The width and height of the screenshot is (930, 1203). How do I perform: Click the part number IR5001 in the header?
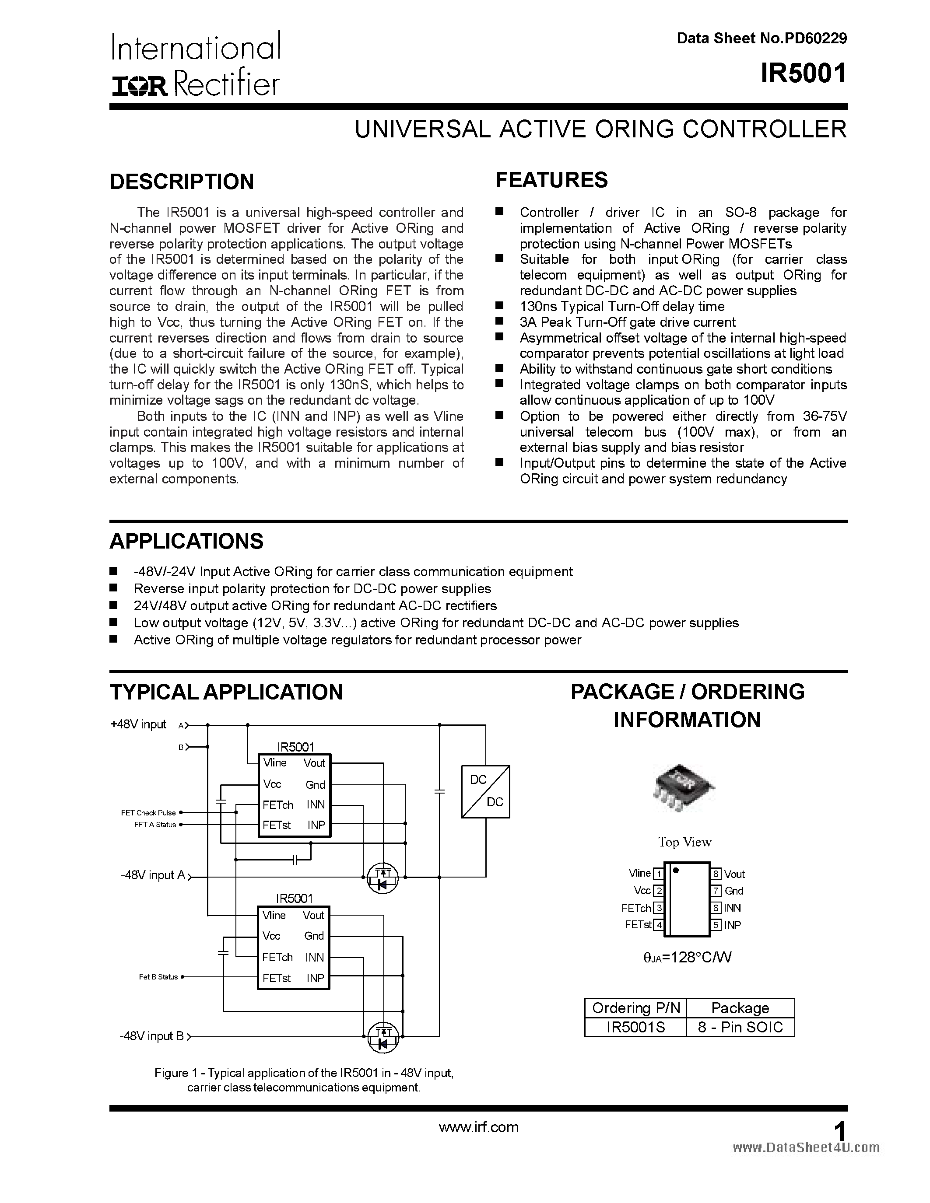[x=803, y=74]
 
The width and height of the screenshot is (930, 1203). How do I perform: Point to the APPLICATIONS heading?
[x=186, y=542]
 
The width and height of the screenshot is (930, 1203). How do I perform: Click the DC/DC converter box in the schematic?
[x=485, y=791]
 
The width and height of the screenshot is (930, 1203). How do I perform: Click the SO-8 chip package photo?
[x=683, y=787]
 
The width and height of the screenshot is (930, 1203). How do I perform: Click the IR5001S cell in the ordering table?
[x=635, y=1027]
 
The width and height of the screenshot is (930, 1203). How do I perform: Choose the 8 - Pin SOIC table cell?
[x=740, y=1027]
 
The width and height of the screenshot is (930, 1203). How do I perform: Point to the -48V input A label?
[x=153, y=875]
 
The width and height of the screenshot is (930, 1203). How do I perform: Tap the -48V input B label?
[x=151, y=1036]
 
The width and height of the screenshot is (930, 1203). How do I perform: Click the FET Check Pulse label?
[x=148, y=812]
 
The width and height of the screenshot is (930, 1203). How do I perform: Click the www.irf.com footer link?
[x=478, y=1127]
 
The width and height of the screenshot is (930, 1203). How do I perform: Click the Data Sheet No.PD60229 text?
[x=762, y=38]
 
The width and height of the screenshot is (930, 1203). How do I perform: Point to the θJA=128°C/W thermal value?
[x=687, y=957]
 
